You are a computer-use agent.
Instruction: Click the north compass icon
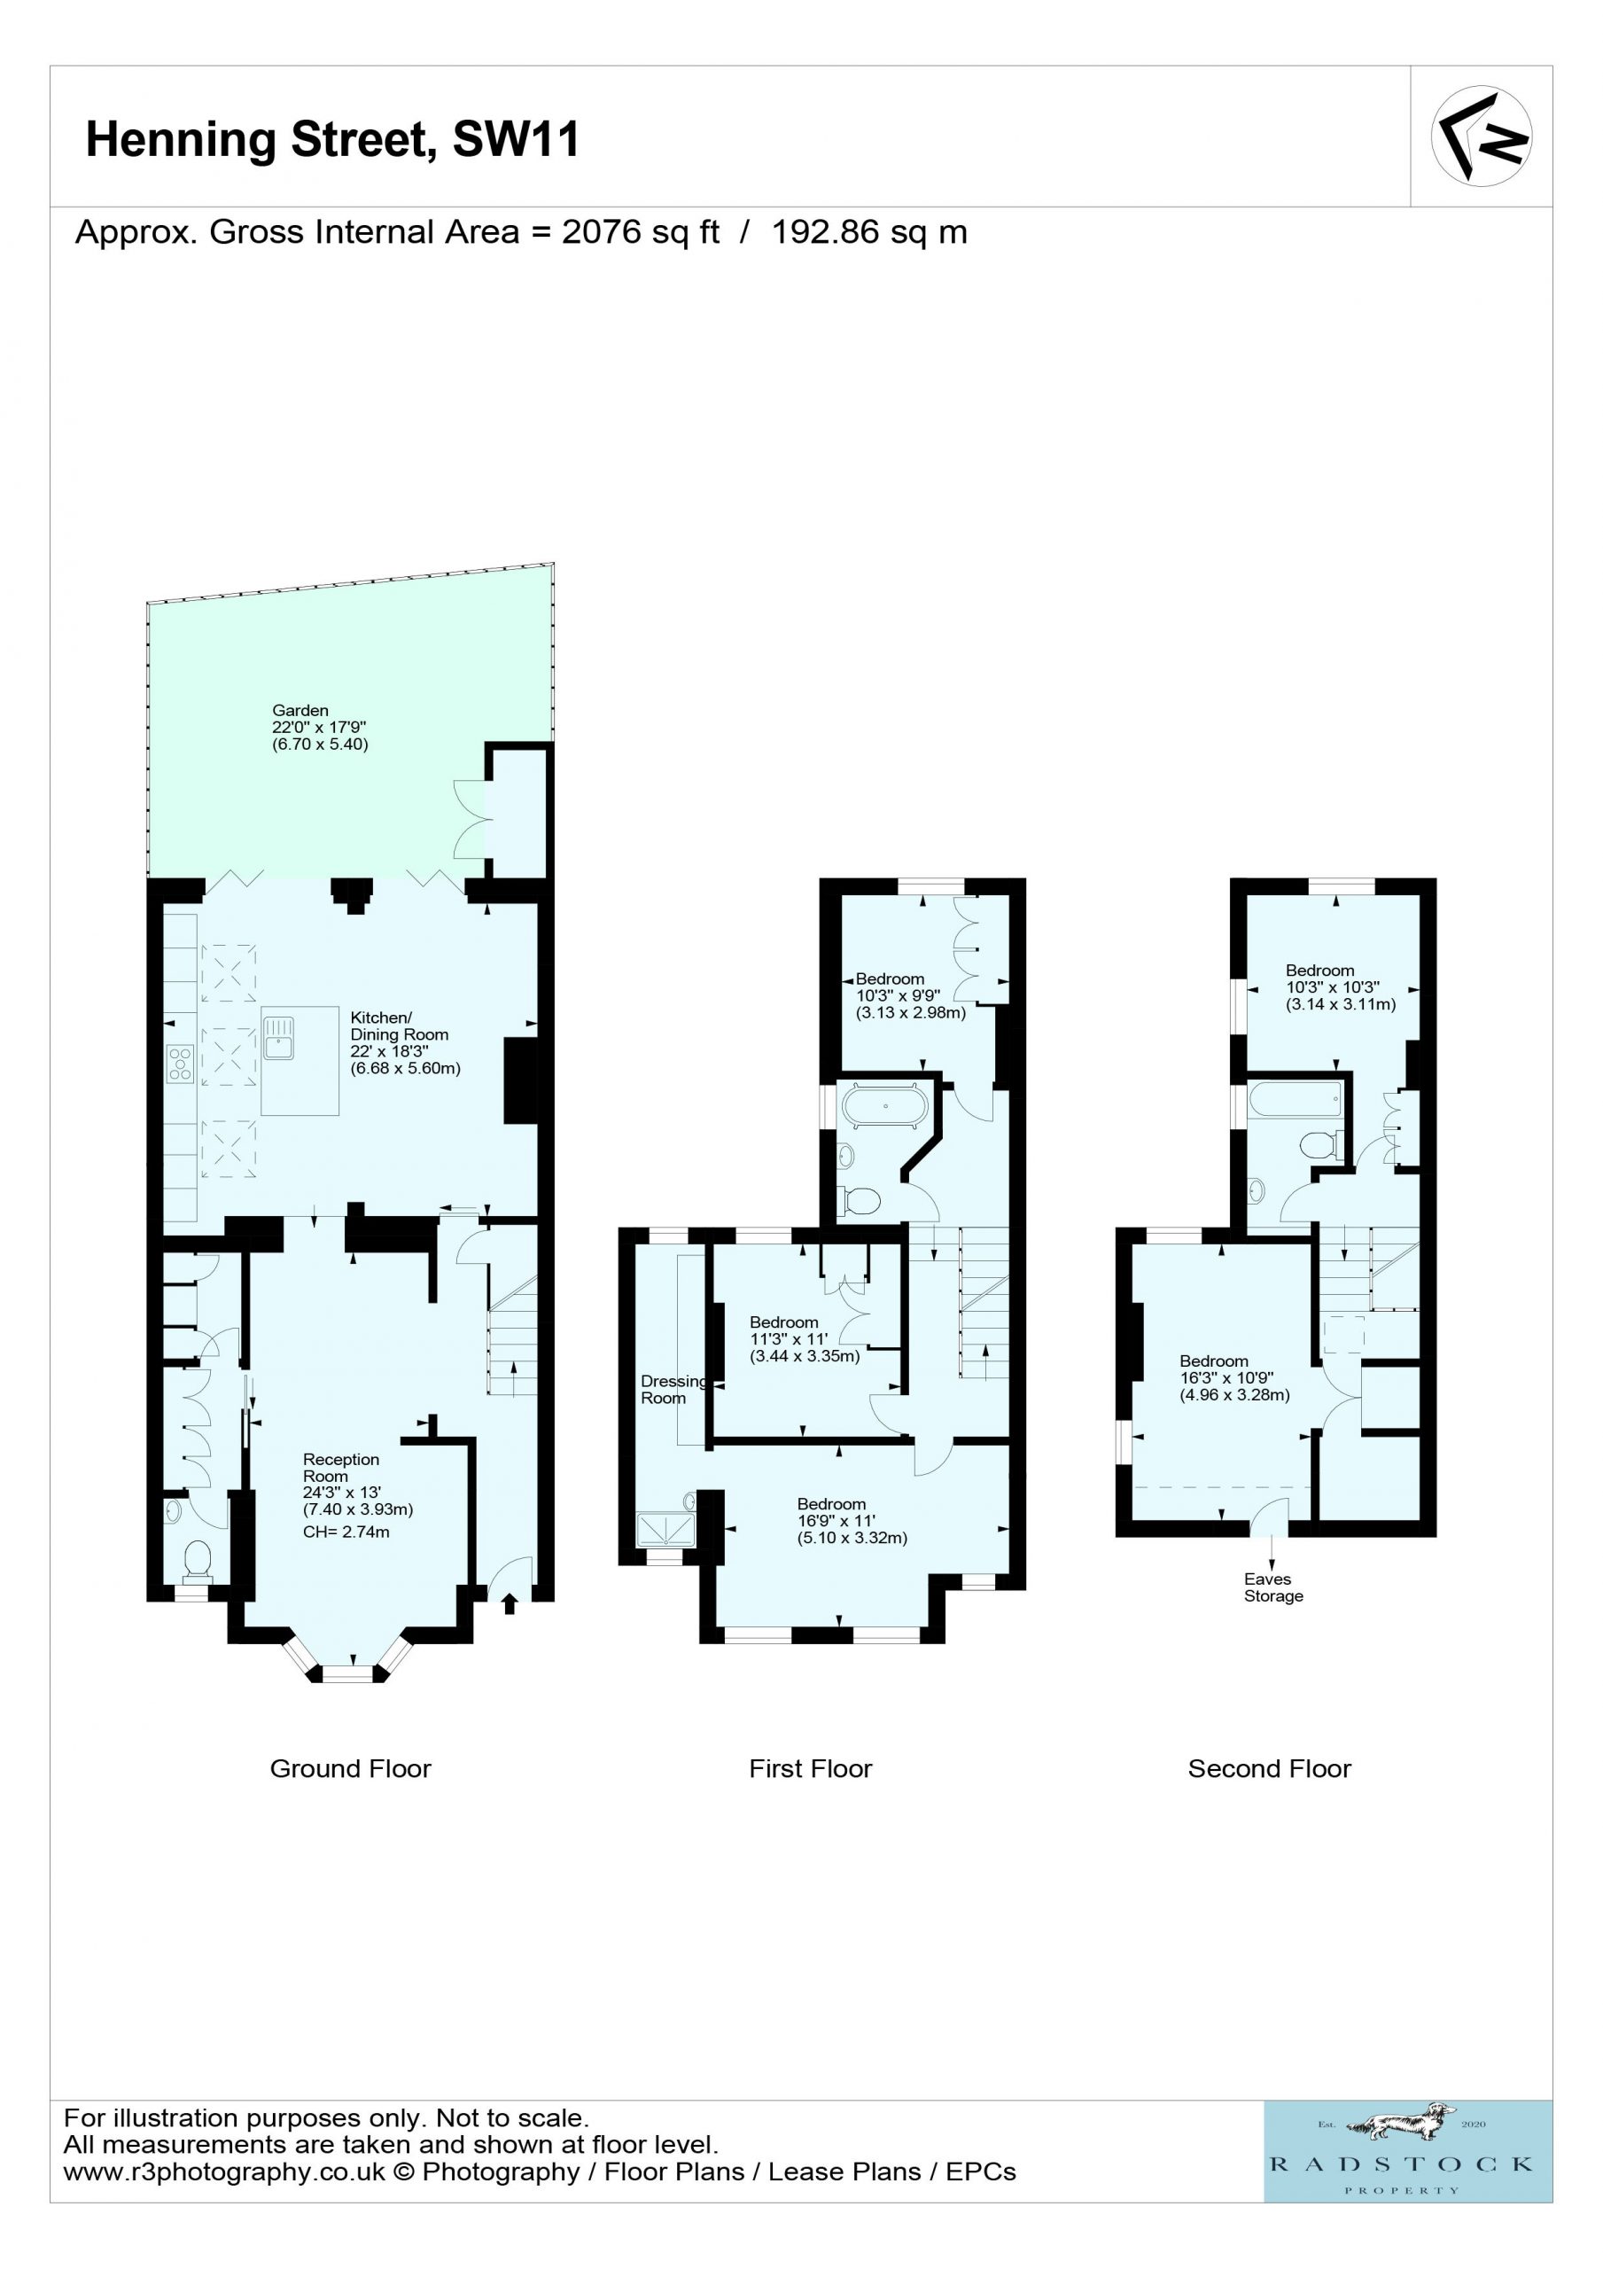click(1481, 136)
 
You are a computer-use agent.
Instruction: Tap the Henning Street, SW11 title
click(332, 140)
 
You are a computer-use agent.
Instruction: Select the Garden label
click(300, 710)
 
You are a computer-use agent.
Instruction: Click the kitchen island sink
click(279, 1038)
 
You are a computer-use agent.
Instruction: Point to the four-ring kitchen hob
click(180, 1064)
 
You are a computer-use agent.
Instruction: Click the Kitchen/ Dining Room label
click(400, 1025)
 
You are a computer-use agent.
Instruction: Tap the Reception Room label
click(341, 1468)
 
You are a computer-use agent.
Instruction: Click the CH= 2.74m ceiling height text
click(346, 1532)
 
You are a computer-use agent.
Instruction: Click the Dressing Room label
click(673, 1390)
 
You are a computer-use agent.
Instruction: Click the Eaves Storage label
click(1272, 1587)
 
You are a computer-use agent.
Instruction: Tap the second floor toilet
click(1320, 1145)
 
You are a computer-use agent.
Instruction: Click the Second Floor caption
click(1269, 1769)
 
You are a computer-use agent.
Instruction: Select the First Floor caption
click(811, 1769)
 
